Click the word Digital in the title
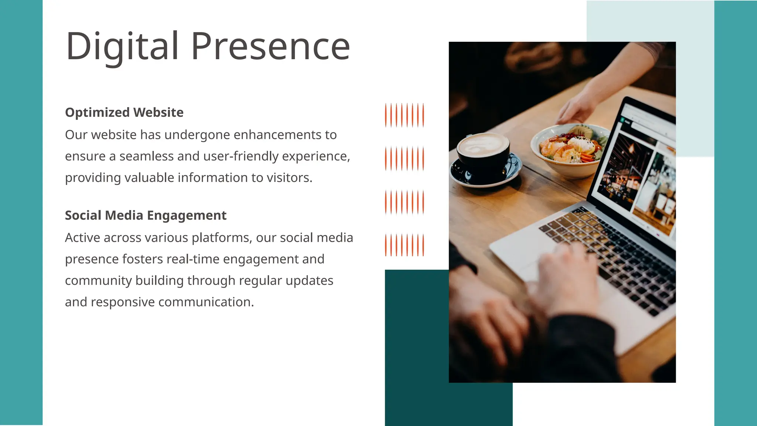[x=122, y=47]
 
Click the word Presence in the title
[x=270, y=47]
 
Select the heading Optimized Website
[x=124, y=112]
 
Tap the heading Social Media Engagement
[x=146, y=215]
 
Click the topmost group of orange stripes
[x=404, y=115]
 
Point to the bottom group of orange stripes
[x=404, y=245]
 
